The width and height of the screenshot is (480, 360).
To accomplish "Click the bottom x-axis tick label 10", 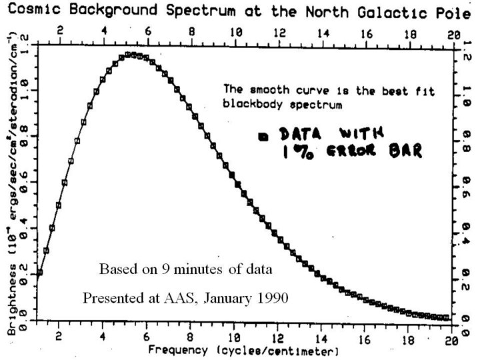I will pyautogui.click(x=235, y=338).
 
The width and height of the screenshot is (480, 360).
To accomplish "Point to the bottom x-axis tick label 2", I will pyautogui.click(x=59, y=338).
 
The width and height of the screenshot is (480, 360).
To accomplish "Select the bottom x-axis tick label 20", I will pyautogui.click(x=454, y=338).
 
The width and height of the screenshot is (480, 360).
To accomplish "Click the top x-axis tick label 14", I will pyautogui.click(x=322, y=32).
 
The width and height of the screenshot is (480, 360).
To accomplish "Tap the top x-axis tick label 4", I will pyautogui.click(x=103, y=32).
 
